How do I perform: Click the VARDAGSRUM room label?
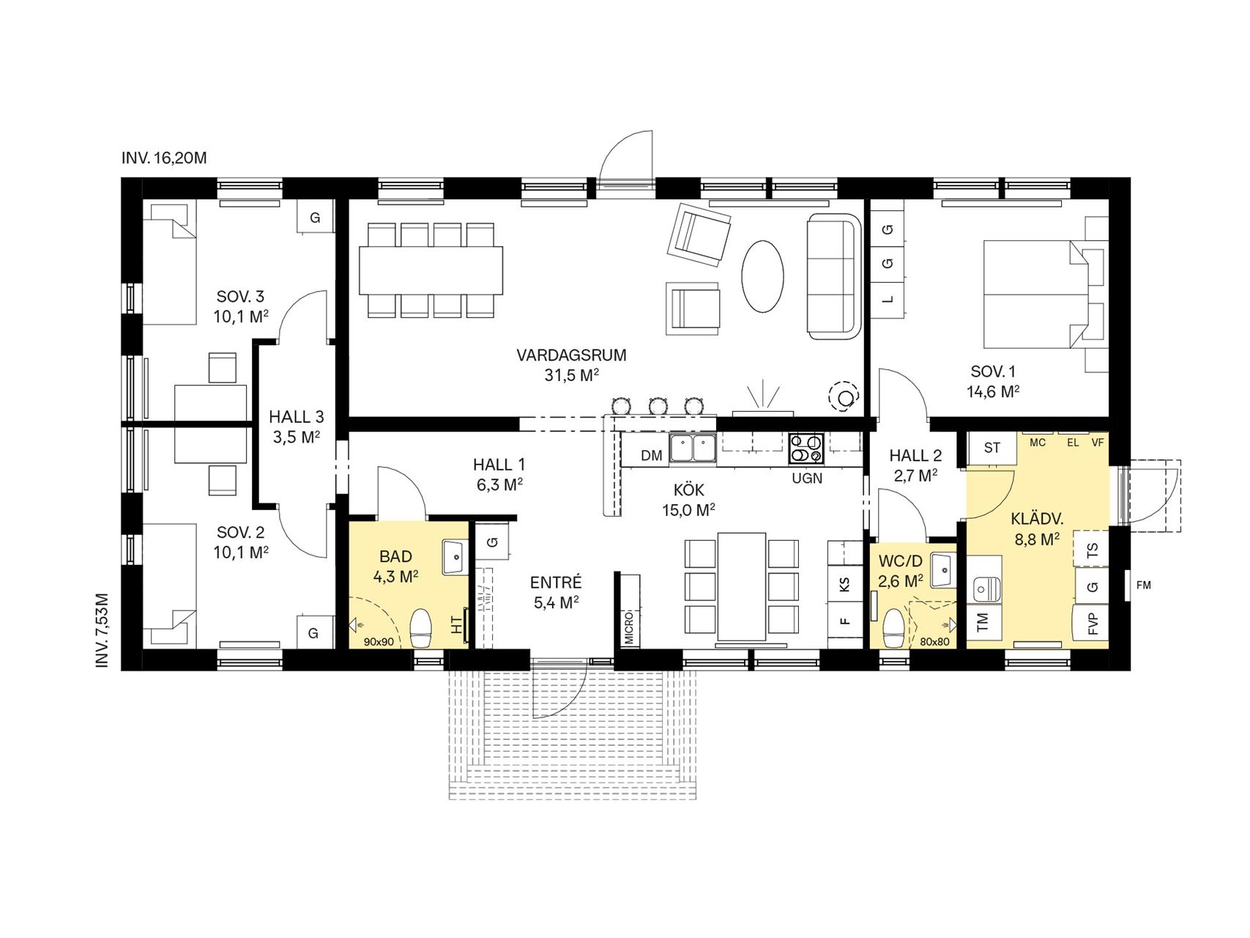571,355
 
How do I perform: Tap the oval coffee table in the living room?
763,278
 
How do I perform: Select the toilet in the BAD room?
421,628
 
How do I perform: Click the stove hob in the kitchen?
806,448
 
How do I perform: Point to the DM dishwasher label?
651,456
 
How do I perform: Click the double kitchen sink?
692,448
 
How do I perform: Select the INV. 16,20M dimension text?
165,158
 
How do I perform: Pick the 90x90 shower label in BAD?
379,642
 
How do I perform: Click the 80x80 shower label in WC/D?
934,642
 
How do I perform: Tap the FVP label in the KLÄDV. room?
1093,624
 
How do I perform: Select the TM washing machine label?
983,623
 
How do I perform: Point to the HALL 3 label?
297,417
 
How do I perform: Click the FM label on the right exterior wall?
1143,585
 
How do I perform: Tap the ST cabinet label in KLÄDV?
992,447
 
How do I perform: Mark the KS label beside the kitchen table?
845,585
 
